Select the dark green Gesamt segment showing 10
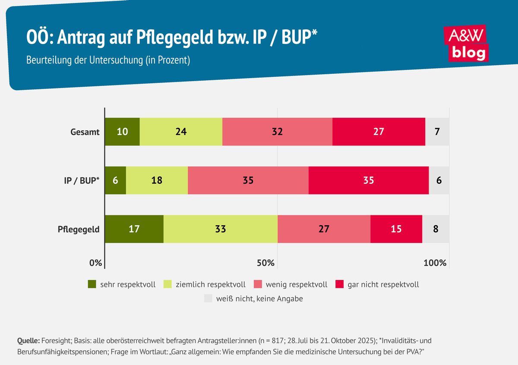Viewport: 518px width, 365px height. click(122, 132)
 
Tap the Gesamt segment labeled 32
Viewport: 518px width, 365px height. click(277, 132)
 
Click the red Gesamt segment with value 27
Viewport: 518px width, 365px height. click(379, 132)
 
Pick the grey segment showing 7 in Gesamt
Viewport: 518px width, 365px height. click(437, 132)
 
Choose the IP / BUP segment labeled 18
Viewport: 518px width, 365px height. click(157, 180)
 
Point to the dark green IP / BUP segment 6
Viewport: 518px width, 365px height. click(115, 180)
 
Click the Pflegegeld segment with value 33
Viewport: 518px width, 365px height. click(220, 229)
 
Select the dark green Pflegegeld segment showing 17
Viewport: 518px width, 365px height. click(134, 229)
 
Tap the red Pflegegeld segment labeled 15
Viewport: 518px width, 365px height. click(396, 229)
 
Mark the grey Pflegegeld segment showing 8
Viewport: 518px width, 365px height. click(436, 229)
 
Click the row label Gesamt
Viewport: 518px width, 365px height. click(85, 132)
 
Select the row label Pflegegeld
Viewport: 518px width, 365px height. click(79, 229)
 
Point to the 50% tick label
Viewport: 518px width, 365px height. click(265, 263)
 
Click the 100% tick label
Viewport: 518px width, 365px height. click(435, 263)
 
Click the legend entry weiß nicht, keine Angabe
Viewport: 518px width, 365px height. click(259, 299)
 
